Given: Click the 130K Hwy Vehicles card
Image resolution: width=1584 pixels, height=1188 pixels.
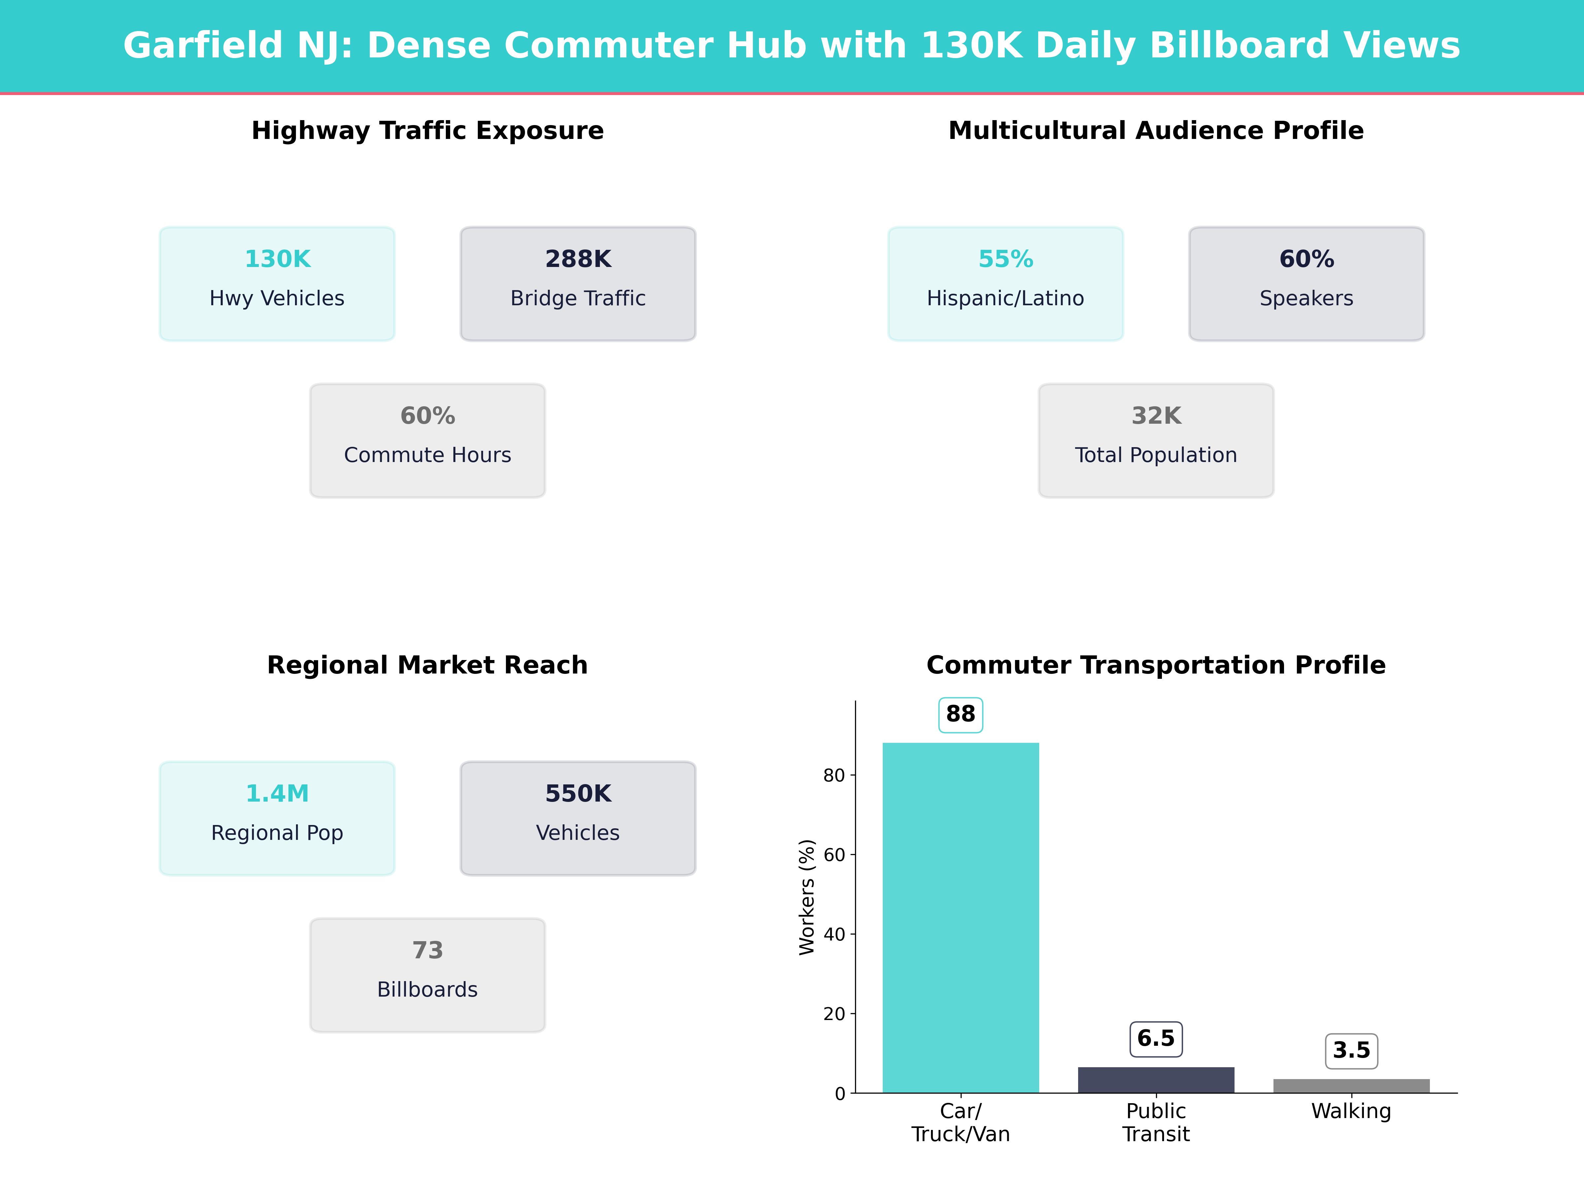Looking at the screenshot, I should (x=277, y=283).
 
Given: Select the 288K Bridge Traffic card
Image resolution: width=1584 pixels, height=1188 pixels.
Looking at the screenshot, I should (x=578, y=283).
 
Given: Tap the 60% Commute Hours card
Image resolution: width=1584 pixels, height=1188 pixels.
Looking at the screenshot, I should (x=427, y=441).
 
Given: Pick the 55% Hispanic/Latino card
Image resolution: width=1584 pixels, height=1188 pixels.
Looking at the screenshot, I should (x=1006, y=283).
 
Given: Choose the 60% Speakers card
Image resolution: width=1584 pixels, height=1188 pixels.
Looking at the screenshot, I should (x=1306, y=283).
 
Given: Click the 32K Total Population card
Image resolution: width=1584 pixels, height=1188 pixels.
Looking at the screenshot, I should (x=1156, y=441).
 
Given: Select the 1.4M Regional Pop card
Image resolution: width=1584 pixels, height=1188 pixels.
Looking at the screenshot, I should (x=277, y=818).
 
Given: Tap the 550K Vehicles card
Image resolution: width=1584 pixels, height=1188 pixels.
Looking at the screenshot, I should (x=578, y=818).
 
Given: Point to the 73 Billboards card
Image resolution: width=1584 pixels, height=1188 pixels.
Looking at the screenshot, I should (x=427, y=974).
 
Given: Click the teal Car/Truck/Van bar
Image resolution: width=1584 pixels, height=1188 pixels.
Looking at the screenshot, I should (x=960, y=917).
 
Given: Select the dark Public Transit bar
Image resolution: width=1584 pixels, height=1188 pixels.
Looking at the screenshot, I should (x=1156, y=1080).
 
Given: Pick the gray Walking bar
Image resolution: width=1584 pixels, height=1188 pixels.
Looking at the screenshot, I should (x=1351, y=1086).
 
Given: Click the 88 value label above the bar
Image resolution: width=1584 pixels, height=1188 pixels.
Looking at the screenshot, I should (x=960, y=714).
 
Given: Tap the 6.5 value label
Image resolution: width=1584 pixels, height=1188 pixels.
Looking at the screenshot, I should (x=1156, y=1038).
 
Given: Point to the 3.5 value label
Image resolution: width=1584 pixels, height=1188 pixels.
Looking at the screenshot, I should (x=1351, y=1050).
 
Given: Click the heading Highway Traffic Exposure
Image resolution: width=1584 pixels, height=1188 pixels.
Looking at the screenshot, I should (x=427, y=130).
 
